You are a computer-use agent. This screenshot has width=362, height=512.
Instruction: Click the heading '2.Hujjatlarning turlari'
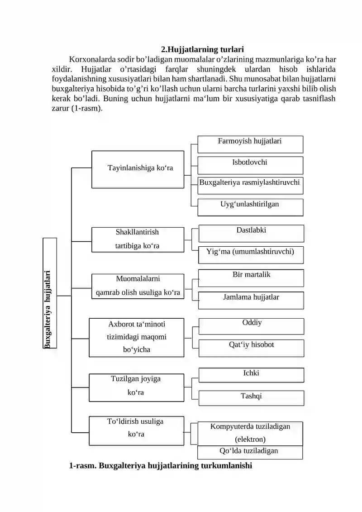click(x=202, y=49)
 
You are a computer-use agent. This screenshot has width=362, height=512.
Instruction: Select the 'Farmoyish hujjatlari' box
click(x=250, y=144)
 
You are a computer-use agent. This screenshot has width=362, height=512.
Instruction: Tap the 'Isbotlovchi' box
click(x=250, y=165)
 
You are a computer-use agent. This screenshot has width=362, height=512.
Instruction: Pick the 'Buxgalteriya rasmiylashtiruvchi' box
click(x=250, y=185)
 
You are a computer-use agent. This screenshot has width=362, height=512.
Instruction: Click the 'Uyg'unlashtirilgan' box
click(x=250, y=206)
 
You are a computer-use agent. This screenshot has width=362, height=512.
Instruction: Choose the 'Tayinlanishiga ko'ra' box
click(x=138, y=169)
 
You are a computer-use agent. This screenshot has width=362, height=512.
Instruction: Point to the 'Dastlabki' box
click(x=251, y=233)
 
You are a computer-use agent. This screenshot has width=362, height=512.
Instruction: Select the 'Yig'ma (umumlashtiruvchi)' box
click(x=251, y=254)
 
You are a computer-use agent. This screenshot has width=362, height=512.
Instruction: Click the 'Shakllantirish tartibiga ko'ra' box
click(x=138, y=239)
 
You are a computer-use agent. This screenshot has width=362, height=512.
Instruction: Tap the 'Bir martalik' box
click(x=251, y=278)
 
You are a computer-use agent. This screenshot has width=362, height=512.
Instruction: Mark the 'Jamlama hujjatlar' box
click(x=251, y=300)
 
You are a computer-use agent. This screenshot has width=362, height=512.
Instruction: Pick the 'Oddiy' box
click(x=252, y=326)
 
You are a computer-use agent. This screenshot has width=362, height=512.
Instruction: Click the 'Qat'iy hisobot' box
click(x=252, y=347)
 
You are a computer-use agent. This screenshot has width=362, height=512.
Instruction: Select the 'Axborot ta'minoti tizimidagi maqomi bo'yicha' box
click(x=137, y=337)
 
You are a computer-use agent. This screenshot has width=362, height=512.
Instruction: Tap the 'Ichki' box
click(x=252, y=375)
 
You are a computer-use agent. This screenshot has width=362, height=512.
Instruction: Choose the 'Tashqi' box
click(x=252, y=397)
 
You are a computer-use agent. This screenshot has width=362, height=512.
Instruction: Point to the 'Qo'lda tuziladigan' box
click(x=250, y=452)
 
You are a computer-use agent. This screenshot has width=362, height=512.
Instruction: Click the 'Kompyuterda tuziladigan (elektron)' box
click(x=250, y=434)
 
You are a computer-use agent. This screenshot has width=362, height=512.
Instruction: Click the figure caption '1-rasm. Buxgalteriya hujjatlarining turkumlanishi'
click(x=160, y=465)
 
